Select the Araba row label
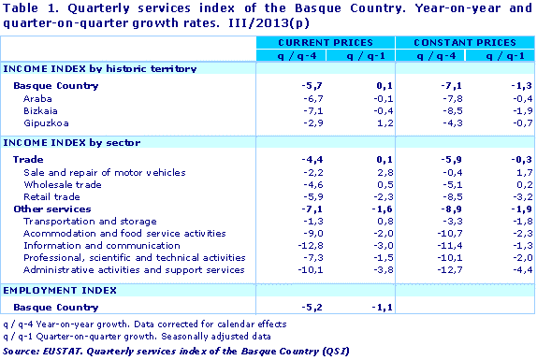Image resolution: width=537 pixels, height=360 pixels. point(37,98)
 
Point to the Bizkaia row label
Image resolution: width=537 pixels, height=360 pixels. point(40,110)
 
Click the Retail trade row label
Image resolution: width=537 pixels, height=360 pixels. point(52,197)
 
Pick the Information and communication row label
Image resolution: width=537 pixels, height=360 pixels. point(89,246)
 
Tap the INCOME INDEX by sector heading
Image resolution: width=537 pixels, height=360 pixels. point(72,143)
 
